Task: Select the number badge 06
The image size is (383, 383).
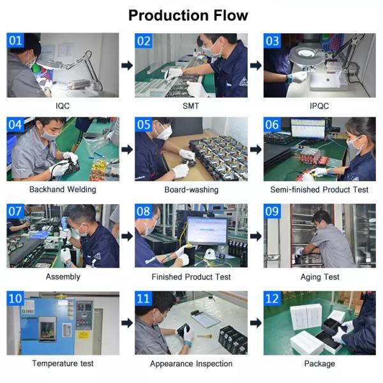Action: click(x=273, y=125)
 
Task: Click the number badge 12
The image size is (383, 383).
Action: click(x=273, y=299)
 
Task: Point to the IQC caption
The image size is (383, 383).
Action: click(x=63, y=105)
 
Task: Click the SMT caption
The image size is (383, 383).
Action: click(x=190, y=105)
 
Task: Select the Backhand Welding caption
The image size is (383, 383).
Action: click(x=63, y=190)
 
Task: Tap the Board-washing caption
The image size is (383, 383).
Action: click(x=190, y=190)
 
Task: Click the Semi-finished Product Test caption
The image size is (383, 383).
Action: click(x=319, y=190)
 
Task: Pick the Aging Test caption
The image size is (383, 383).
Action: click(x=319, y=276)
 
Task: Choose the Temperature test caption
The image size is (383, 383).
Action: click(x=63, y=363)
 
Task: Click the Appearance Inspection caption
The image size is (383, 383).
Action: click(x=190, y=363)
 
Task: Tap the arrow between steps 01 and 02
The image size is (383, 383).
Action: click(x=127, y=65)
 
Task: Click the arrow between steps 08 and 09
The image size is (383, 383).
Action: click(x=255, y=236)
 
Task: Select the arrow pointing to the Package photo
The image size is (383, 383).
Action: click(x=255, y=322)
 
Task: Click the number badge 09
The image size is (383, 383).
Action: click(x=273, y=212)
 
